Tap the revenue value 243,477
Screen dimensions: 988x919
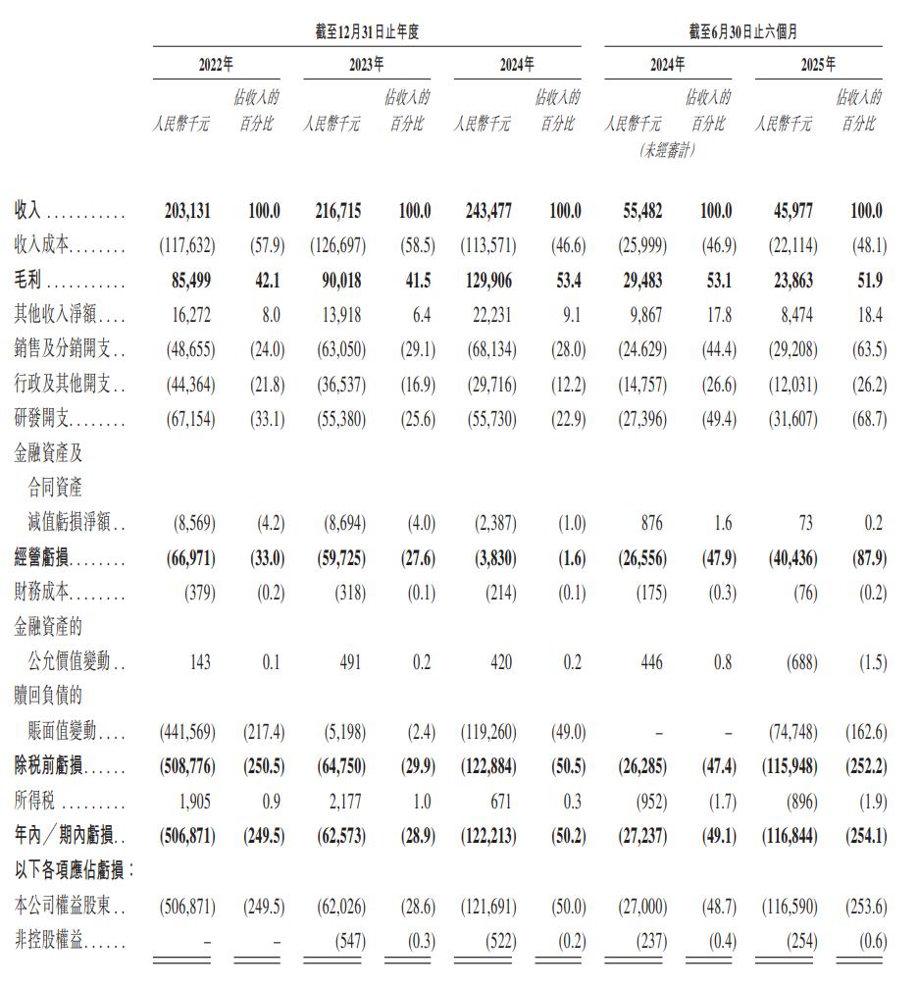(x=487, y=211)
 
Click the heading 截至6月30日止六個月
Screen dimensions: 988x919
(x=742, y=31)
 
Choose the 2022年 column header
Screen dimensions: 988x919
(x=215, y=66)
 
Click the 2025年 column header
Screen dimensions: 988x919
(x=817, y=66)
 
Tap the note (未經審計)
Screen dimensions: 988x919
(x=667, y=150)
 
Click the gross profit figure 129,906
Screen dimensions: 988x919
(x=487, y=282)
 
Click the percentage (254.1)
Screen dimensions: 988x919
(x=864, y=837)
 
